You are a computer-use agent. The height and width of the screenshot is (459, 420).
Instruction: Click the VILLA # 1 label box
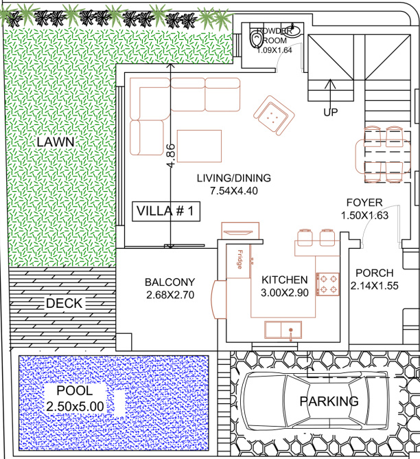tap(166, 212)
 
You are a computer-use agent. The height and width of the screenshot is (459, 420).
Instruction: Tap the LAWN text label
tap(56, 142)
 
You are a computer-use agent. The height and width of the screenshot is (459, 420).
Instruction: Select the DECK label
tap(63, 304)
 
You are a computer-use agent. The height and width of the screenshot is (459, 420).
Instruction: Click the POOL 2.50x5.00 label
tap(75, 399)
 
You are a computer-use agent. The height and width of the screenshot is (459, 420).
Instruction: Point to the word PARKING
tap(329, 401)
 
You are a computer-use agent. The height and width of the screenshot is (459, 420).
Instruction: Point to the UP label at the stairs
tap(331, 112)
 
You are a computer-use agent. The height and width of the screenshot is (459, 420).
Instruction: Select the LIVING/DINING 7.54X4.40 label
tap(233, 184)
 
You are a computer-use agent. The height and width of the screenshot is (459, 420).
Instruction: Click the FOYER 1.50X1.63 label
tap(364, 209)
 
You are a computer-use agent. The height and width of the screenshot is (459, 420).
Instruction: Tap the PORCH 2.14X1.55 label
tap(374, 280)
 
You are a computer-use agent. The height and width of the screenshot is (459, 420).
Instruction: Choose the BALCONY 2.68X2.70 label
tap(170, 289)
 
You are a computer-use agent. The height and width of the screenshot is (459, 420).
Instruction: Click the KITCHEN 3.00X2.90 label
tap(284, 286)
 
